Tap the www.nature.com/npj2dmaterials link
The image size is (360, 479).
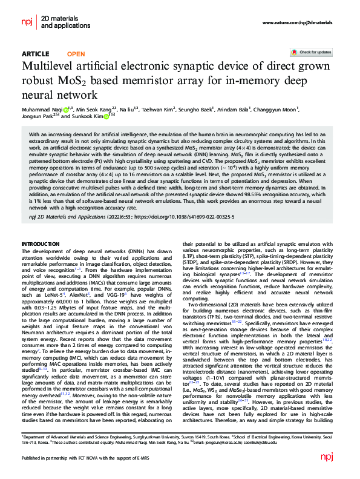coord(297,22)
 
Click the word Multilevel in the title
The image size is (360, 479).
coord(51,67)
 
